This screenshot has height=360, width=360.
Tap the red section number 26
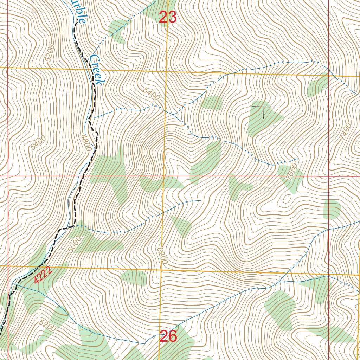[x=168, y=336]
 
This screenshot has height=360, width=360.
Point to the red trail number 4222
[x=43, y=275]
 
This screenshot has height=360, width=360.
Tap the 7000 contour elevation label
[x=291, y=171]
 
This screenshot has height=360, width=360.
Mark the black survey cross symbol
[x=264, y=106]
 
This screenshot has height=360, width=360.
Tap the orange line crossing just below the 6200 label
[x=161, y=270]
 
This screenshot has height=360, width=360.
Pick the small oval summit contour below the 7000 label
[x=287, y=199]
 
